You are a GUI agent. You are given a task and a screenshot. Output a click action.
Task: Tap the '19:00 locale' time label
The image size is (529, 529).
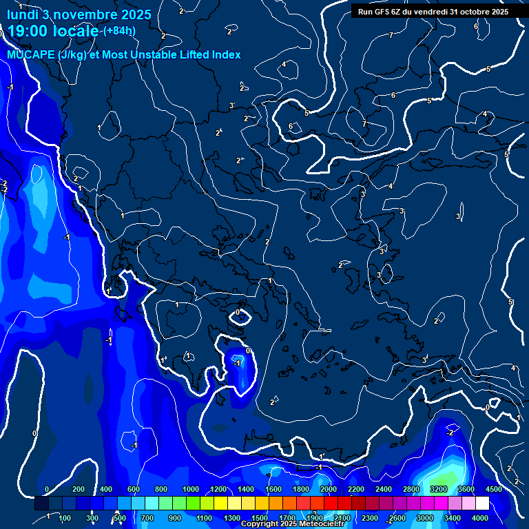pyautogui.click(x=52, y=32)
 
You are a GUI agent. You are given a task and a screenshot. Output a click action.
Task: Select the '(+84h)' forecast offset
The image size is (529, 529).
pyautogui.click(x=119, y=31)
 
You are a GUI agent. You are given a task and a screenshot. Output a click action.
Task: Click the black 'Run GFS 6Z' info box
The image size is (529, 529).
pyautogui.click(x=431, y=11)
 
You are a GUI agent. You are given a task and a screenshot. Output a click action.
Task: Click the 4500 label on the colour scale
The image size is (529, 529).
pyautogui.click(x=493, y=489)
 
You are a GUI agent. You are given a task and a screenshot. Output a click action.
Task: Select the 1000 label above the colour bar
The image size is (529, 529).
pyautogui.click(x=191, y=489)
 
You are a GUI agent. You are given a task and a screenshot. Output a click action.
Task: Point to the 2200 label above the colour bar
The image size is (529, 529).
pyautogui.click(x=355, y=489)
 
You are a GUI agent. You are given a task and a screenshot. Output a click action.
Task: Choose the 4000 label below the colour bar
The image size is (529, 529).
pyautogui.click(x=479, y=518)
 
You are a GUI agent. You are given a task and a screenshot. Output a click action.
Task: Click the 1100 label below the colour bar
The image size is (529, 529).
pyautogui.click(x=205, y=518)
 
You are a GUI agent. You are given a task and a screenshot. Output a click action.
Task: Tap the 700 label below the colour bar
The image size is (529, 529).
pyautogui.click(x=147, y=518)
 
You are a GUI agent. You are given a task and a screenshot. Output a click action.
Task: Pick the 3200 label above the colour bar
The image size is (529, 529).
pyautogui.click(x=439, y=489)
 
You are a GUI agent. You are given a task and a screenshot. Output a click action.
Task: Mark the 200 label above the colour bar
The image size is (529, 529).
pyautogui.click(x=79, y=489)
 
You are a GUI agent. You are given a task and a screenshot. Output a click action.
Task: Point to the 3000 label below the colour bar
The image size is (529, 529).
pyautogui.click(x=424, y=518)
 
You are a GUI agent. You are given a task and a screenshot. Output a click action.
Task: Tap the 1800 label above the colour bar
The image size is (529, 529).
pyautogui.click(x=301, y=489)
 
